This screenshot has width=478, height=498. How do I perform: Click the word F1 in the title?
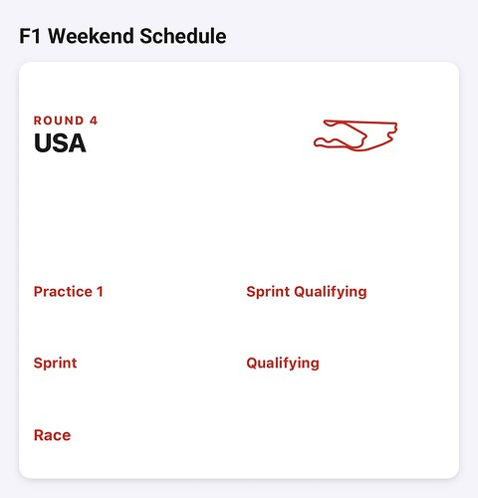click(x=30, y=36)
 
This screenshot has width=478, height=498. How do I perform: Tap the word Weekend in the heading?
click(x=91, y=36)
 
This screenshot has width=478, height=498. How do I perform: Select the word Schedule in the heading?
click(x=183, y=36)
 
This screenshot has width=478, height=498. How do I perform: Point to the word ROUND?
click(x=59, y=121)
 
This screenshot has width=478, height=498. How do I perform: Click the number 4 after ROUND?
click(x=94, y=121)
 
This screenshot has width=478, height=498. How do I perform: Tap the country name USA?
click(x=60, y=143)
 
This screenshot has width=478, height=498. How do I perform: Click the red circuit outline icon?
click(x=356, y=123)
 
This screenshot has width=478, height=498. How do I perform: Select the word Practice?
click(x=63, y=292)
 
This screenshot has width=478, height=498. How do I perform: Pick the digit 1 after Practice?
click(x=100, y=292)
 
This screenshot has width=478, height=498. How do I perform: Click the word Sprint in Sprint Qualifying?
click(x=268, y=292)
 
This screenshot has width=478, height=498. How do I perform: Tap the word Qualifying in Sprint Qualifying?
click(x=331, y=292)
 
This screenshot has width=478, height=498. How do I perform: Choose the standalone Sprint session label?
click(x=56, y=364)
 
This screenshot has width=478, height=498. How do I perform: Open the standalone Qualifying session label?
click(x=283, y=364)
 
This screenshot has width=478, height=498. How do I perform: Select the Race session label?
click(x=53, y=435)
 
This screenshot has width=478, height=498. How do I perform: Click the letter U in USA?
click(x=42, y=143)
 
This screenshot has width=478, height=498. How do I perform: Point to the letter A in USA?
click(x=78, y=143)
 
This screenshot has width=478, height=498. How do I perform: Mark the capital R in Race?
click(x=39, y=435)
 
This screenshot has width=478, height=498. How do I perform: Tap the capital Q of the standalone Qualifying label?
click(x=252, y=363)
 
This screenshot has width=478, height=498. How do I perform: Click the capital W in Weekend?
click(x=59, y=36)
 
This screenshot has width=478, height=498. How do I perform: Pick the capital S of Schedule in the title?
click(x=145, y=36)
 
